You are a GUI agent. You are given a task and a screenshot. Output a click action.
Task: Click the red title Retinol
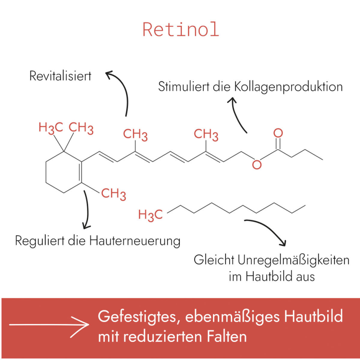pos(181,30)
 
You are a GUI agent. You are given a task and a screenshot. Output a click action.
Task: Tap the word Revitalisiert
pos(60,76)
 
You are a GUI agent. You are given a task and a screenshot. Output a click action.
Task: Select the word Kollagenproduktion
pos(288,87)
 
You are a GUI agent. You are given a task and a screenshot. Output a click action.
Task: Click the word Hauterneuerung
pos(135,241)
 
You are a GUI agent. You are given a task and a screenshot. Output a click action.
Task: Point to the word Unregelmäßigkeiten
pos(294,260)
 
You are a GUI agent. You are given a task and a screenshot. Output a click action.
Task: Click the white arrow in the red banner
pos(49,325)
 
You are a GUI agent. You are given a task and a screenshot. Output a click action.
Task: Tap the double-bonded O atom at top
pos(278,133)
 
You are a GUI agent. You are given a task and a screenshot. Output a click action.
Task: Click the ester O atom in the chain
pos(257,165)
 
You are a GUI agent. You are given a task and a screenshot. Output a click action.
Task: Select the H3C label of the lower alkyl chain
pos(150,215)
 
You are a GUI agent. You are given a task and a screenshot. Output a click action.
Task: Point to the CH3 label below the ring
pos(114,194)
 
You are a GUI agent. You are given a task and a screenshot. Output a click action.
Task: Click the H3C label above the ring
pos(51,128)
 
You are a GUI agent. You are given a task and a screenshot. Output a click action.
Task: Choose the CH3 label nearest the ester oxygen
pos(206,135)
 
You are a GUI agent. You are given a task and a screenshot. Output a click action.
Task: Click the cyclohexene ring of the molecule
pos(64,172)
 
